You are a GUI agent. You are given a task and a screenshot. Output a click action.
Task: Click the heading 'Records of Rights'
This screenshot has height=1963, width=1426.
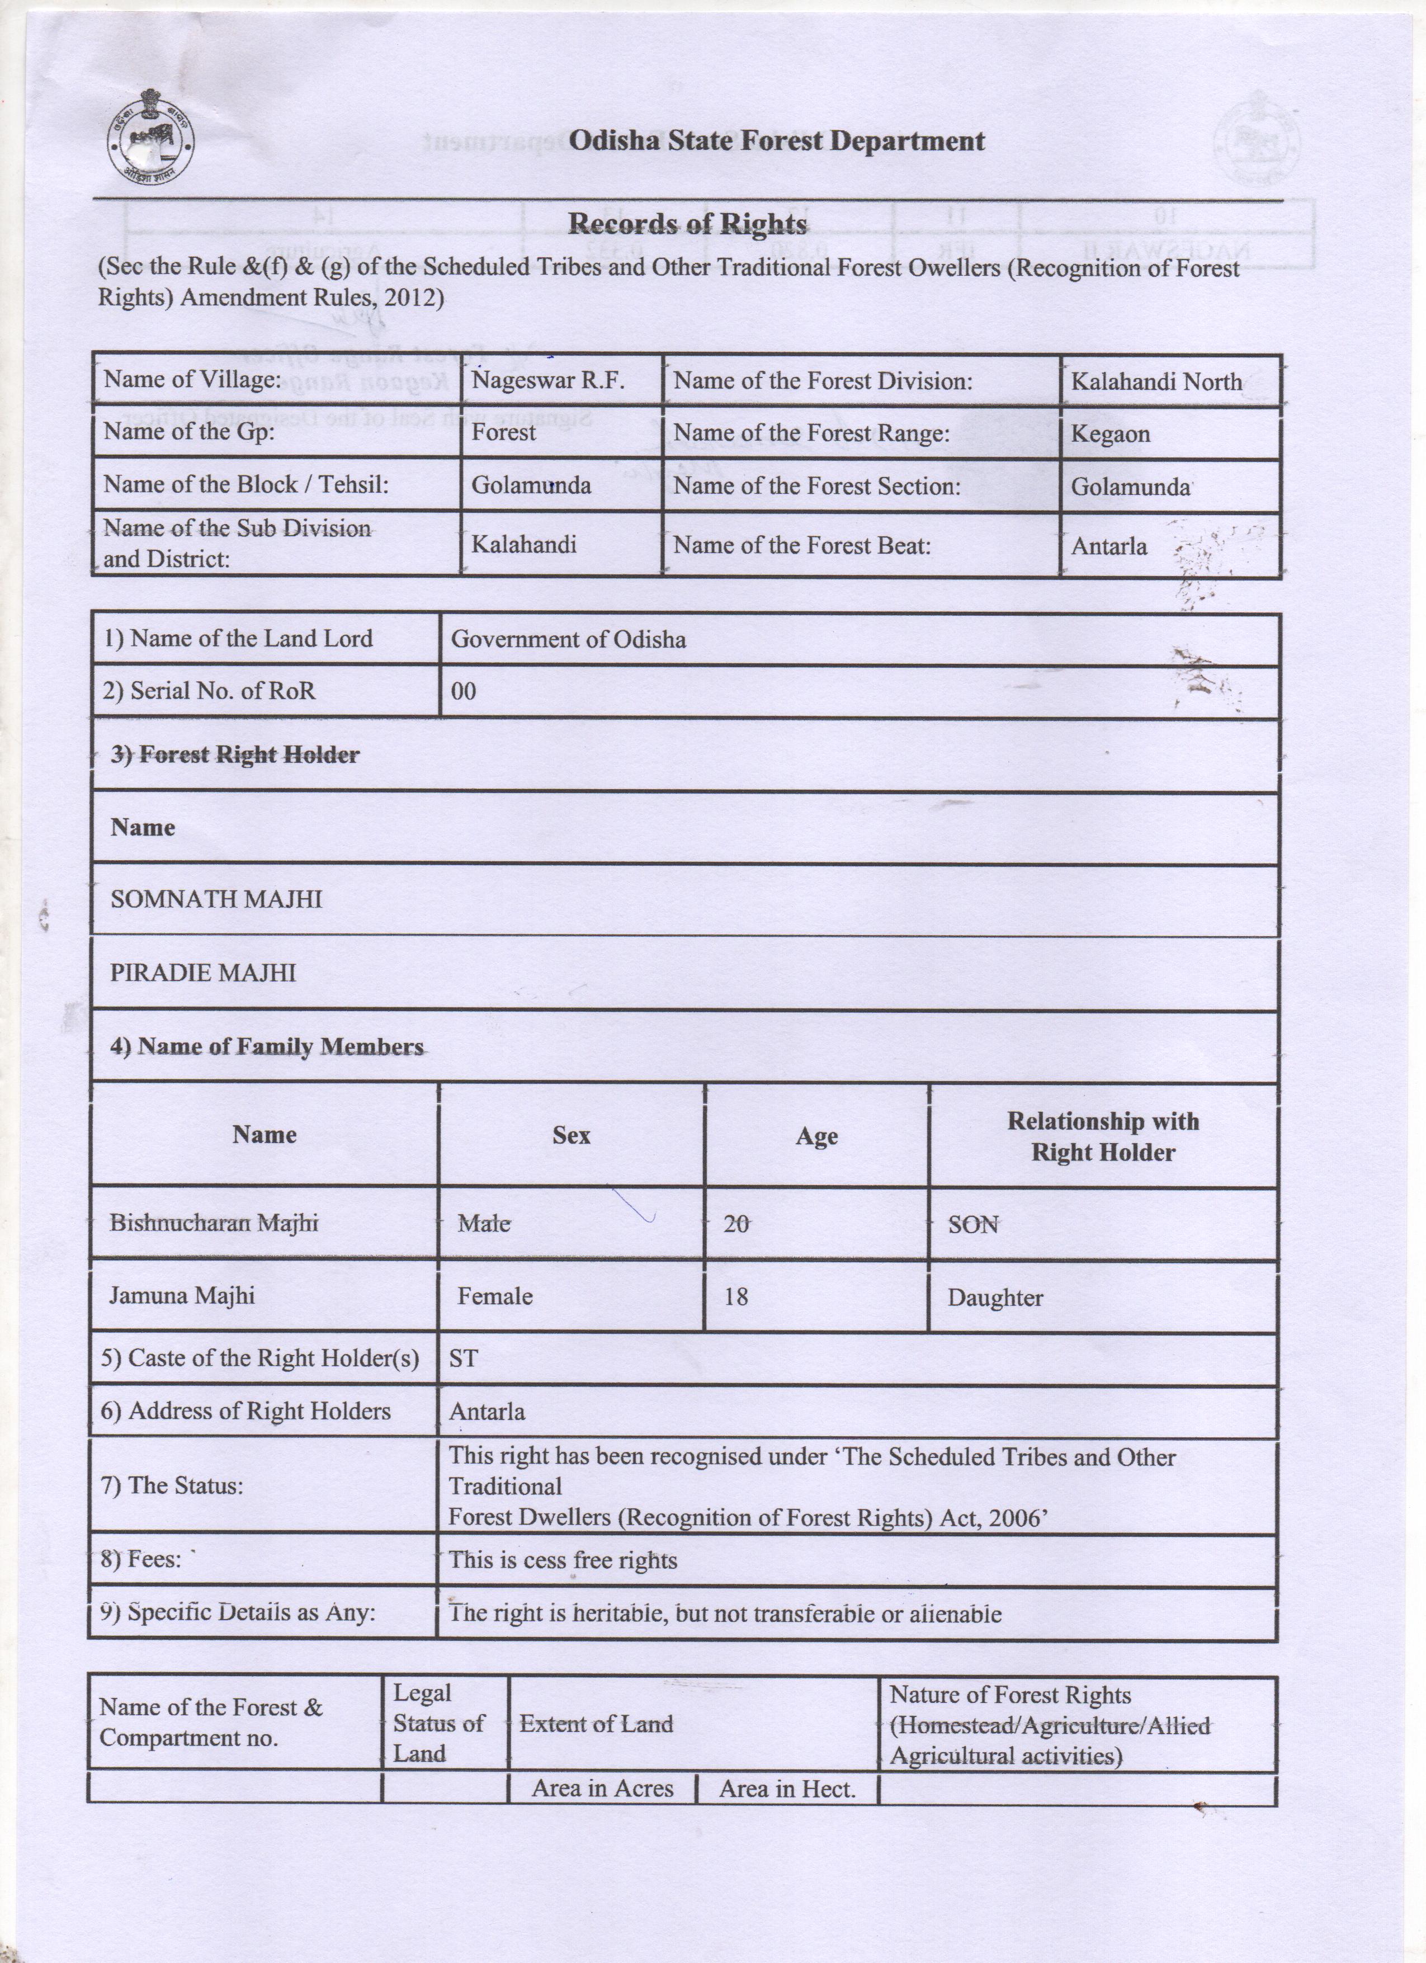click(687, 224)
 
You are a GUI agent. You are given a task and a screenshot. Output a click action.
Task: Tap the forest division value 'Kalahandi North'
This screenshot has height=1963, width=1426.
click(1156, 381)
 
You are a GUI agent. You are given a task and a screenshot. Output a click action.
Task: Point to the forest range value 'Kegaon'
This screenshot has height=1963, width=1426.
click(1110, 433)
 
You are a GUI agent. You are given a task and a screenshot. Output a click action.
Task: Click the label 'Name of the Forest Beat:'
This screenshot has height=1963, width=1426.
click(802, 545)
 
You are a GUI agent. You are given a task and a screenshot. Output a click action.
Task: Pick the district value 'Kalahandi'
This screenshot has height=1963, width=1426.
click(523, 545)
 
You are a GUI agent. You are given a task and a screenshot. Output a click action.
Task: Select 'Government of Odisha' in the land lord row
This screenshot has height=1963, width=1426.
click(569, 640)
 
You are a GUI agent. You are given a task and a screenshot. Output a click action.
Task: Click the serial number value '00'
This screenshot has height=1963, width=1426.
click(463, 692)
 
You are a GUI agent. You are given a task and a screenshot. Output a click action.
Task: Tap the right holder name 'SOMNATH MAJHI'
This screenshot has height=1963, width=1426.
click(216, 899)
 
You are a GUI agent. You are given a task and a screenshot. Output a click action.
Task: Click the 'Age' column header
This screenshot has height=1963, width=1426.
click(816, 1136)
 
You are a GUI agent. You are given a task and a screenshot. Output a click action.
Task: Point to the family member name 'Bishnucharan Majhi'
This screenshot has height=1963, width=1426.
click(214, 1223)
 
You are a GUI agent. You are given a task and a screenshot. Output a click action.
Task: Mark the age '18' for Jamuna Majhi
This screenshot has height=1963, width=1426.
click(735, 1296)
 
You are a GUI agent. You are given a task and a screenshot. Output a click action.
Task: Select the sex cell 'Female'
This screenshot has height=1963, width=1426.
click(495, 1296)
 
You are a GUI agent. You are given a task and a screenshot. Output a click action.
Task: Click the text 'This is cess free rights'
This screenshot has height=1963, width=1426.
click(563, 1560)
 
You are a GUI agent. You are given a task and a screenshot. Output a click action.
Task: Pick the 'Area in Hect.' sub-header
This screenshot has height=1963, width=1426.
click(787, 1789)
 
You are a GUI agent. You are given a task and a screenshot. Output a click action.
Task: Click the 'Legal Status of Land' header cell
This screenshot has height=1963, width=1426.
click(438, 1723)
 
